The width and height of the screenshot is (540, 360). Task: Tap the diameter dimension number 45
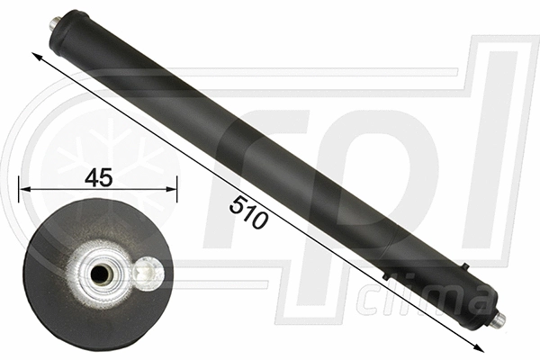click(99, 176)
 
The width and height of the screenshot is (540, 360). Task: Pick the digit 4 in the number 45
click(92, 176)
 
